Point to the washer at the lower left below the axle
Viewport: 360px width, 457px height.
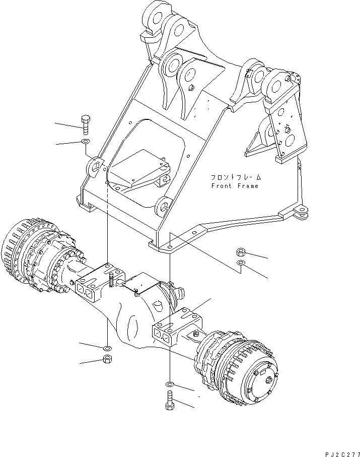pos(106,348)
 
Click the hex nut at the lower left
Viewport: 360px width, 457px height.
pos(106,359)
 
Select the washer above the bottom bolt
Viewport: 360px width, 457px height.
pos(170,385)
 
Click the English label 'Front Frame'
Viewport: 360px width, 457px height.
pos(235,186)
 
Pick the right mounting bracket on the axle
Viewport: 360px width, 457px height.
pos(176,328)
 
